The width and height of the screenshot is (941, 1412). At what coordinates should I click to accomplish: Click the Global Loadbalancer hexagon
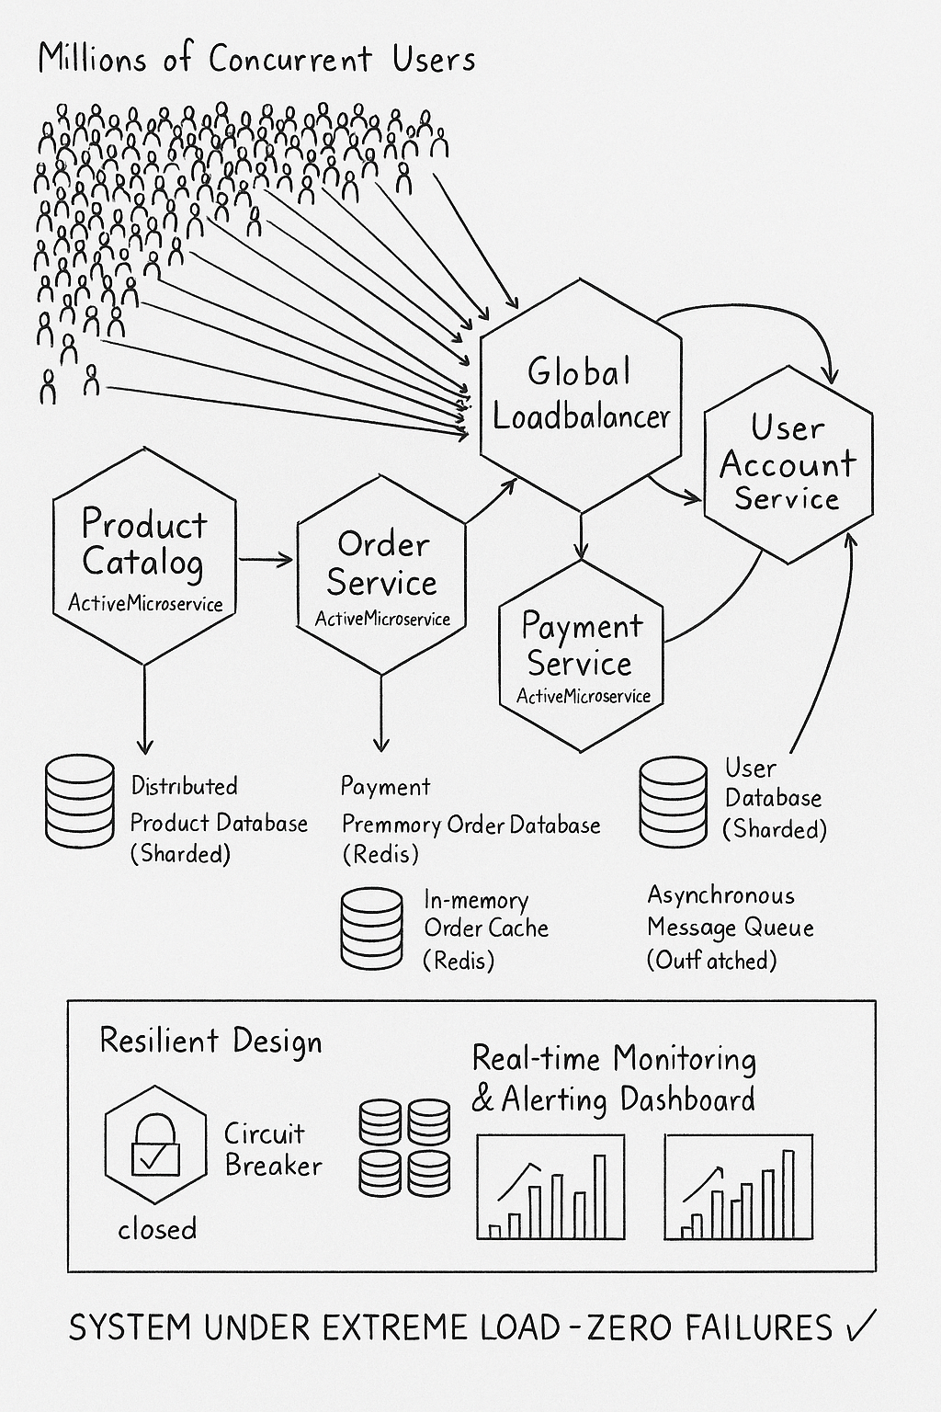[581, 395]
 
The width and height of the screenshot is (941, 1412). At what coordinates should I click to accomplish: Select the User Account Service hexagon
[788, 464]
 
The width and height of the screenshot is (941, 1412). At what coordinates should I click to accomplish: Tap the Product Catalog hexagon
[144, 555]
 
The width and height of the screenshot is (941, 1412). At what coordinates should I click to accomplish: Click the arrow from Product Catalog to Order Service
[266, 559]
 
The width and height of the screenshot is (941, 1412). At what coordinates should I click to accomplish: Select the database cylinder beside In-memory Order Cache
[371, 928]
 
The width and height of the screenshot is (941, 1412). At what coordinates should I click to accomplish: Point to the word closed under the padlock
[157, 1229]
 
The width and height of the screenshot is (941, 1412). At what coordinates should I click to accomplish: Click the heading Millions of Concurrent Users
[257, 60]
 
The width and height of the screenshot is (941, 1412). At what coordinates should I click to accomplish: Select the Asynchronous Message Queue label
[730, 927]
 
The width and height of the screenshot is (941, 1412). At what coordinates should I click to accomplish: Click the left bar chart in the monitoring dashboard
[550, 1187]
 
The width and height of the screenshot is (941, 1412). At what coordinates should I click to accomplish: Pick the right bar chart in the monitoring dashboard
[739, 1187]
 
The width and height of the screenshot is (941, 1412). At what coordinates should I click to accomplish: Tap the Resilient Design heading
[210, 1042]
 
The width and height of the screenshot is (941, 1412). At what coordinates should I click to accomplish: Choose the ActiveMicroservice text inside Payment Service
[583, 696]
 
